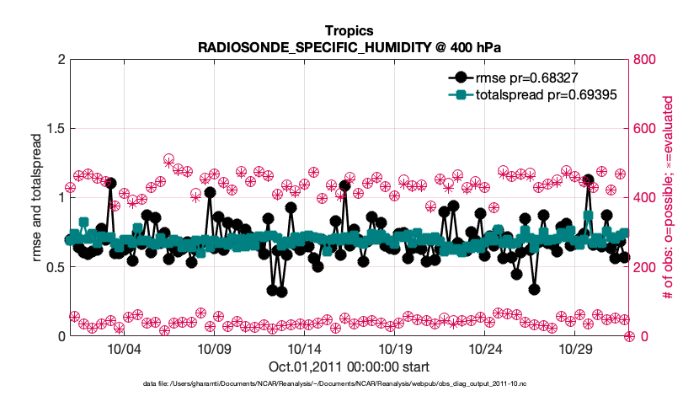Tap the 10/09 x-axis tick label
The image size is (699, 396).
click(x=214, y=349)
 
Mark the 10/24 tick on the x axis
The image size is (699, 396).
click(x=485, y=349)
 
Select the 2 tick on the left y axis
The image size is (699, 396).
click(x=61, y=60)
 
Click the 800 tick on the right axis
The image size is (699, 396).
click(x=646, y=60)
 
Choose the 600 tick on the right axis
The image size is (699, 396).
click(x=646, y=129)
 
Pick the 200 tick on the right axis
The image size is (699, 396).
click(x=646, y=267)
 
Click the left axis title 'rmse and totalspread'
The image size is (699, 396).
click(x=36, y=198)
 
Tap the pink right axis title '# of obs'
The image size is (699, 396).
click(x=667, y=198)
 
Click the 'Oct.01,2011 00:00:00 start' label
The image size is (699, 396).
click(x=349, y=367)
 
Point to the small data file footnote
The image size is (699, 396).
click(x=349, y=384)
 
